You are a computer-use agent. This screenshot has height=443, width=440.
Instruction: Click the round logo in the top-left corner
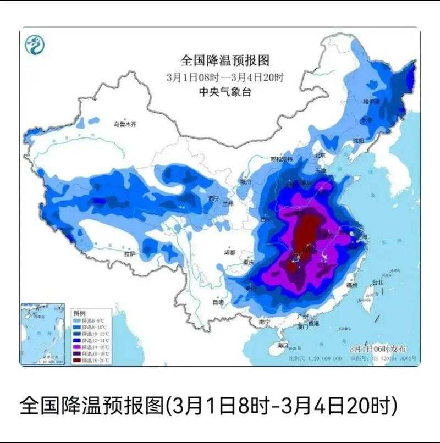click(x=35, y=44)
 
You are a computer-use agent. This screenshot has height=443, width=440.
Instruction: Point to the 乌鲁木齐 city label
click(x=124, y=125)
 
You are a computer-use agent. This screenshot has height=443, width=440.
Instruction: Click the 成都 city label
click(x=229, y=252)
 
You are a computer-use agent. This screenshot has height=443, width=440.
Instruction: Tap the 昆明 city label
click(x=218, y=302)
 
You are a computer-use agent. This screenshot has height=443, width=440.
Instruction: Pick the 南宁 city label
click(x=265, y=322)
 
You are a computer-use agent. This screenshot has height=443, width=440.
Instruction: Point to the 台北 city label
click(x=377, y=283)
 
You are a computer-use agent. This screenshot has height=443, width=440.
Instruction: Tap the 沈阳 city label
click(x=359, y=141)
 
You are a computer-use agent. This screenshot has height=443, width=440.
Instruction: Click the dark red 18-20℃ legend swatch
click(x=78, y=360)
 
